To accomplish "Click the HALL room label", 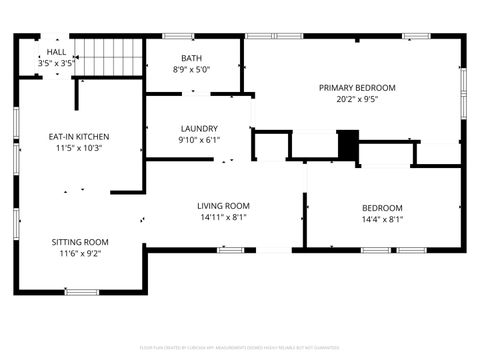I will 57,52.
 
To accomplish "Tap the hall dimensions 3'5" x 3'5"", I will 57,63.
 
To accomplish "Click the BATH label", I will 191,58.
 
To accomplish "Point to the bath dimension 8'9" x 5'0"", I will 191,70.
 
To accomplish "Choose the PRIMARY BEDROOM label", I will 357,88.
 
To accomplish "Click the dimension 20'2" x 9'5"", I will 357,100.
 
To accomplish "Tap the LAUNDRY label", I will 199,129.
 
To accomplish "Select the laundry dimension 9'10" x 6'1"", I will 199,141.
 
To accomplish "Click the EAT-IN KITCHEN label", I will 79,136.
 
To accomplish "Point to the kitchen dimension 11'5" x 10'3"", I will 79,148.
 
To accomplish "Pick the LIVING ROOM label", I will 222,205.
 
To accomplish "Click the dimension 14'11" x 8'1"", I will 222,217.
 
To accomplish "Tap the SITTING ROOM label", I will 80,242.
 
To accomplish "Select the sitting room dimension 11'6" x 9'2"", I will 80,254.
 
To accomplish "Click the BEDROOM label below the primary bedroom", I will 382,208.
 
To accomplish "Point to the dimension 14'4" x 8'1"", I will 382,220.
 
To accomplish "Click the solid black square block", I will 348,145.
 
